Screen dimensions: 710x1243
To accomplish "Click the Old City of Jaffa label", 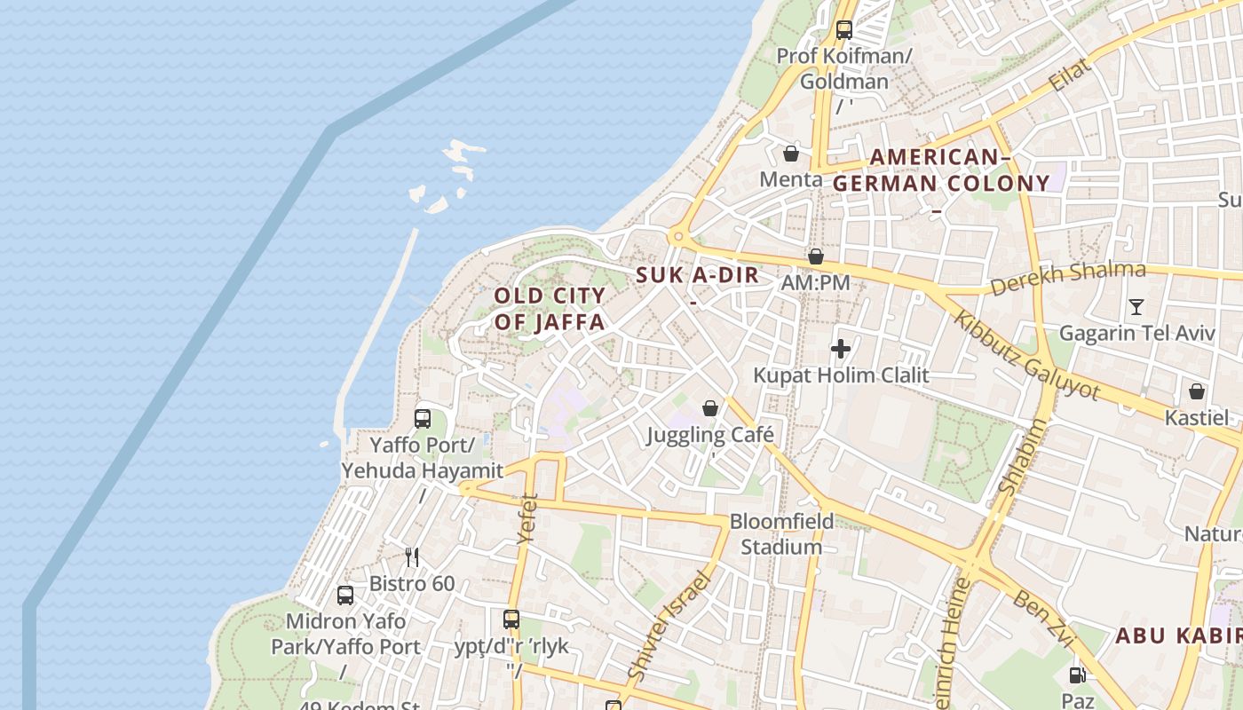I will (x=550, y=309).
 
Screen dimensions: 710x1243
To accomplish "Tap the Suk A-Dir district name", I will (x=698, y=275).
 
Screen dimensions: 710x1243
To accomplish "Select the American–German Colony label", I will (x=941, y=170).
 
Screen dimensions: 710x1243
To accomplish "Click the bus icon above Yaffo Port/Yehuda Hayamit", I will (x=423, y=418).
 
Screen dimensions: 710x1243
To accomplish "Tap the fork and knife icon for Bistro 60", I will (x=412, y=557).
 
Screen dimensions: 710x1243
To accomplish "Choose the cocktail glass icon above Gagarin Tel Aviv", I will (x=1136, y=307).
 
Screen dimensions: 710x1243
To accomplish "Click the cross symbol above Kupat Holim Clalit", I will (x=841, y=349).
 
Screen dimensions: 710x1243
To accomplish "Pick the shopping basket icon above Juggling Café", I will (x=710, y=408).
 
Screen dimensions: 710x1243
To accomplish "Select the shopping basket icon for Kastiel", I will (x=1197, y=391).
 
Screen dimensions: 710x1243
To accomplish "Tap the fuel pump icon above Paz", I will (x=1078, y=675).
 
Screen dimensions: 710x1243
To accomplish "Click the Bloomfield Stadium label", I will (x=782, y=533).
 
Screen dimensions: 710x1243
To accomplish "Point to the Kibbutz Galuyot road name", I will (x=1026, y=353).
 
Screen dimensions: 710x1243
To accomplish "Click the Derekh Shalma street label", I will (x=1067, y=279).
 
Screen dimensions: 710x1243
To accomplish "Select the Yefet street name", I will (x=527, y=518).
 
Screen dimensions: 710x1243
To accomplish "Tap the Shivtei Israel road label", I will (x=669, y=627).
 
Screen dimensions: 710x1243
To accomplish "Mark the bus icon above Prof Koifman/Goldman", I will (x=843, y=30).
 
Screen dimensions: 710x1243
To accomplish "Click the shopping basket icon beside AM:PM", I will (x=816, y=256).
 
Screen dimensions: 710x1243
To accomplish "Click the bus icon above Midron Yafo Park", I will (x=345, y=596).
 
